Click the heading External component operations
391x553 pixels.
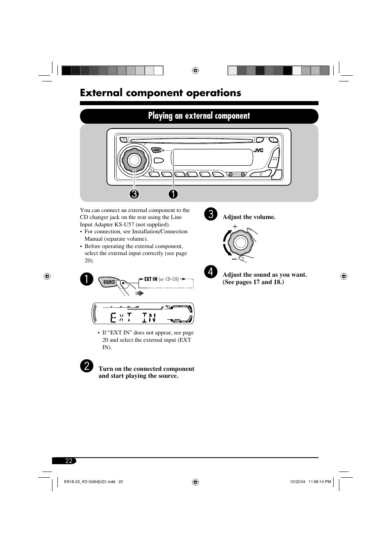point(161,93)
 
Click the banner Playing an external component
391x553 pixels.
point(199,116)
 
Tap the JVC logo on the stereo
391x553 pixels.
point(258,150)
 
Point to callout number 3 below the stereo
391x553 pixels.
point(134,194)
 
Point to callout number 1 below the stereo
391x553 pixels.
point(173,194)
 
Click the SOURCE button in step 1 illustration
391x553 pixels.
point(109,282)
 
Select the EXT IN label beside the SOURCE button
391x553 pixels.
point(150,279)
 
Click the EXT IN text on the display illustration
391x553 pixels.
point(133,317)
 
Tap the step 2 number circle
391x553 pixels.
point(86,366)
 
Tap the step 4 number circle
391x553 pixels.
point(210,272)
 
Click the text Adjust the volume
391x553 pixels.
point(249,217)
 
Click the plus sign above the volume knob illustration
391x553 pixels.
point(235,226)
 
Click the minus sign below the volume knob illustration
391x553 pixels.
point(234,259)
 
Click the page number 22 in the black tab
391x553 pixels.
point(68,461)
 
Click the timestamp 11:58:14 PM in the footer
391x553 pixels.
point(319,482)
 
